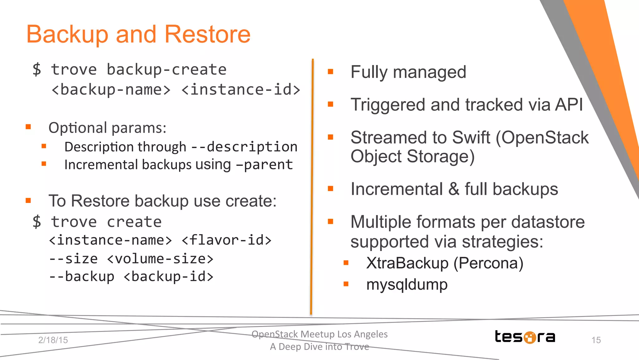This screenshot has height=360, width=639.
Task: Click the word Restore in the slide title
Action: coord(207,34)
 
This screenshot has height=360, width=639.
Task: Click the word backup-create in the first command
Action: coord(166,70)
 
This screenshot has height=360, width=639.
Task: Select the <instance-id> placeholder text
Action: coord(241,90)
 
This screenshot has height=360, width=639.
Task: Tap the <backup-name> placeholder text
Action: coord(111,90)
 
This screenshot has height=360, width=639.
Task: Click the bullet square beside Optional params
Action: coord(28,127)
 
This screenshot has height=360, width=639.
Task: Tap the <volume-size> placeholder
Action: coord(160,259)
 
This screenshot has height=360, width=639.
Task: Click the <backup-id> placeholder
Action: coord(168,277)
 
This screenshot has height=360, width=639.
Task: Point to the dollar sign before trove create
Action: coord(37,222)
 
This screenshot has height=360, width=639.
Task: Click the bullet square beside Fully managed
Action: coord(331,72)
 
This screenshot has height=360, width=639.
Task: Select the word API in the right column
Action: coord(568,105)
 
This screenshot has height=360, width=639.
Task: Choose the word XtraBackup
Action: coord(407,263)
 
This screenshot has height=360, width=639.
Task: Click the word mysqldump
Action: coord(407,284)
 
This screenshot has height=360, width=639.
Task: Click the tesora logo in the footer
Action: coord(525,337)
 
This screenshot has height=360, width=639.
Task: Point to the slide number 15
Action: coord(596,340)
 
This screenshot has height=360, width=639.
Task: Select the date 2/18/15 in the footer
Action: coord(53,340)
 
